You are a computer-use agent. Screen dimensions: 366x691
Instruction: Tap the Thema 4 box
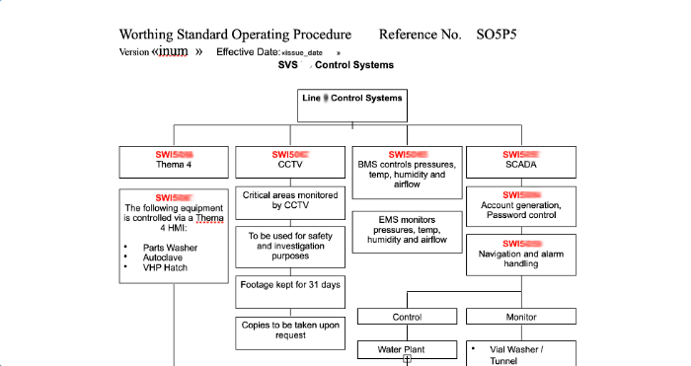coord(174,161)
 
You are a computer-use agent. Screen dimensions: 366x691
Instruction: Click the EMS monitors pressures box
coord(407,228)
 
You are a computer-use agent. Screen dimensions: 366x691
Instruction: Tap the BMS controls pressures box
coord(407,169)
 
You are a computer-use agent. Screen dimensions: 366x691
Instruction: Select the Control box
coord(407,318)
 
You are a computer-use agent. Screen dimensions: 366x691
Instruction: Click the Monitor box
coord(521,318)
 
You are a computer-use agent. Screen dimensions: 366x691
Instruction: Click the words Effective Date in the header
coord(248,52)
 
